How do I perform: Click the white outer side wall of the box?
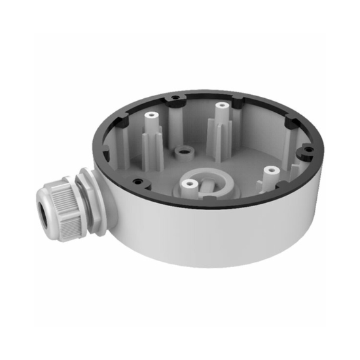(196, 236)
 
